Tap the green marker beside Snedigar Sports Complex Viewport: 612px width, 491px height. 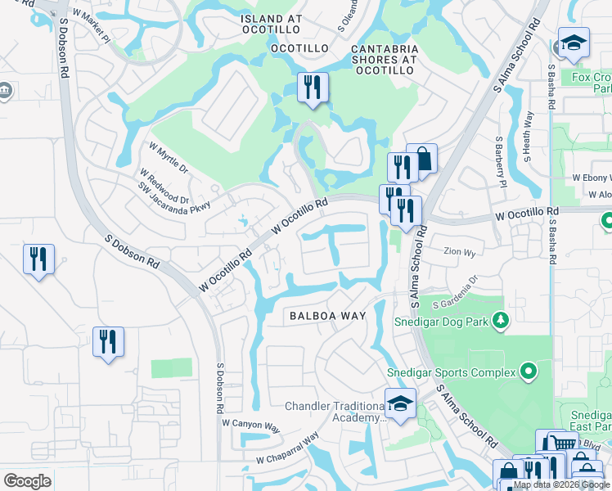coord(528,372)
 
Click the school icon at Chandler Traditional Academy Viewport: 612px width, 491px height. coord(400,404)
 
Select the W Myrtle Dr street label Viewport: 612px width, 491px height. coord(169,158)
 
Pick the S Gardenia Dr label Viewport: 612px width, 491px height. coord(461,293)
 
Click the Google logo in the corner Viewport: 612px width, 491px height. coord(27,481)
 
